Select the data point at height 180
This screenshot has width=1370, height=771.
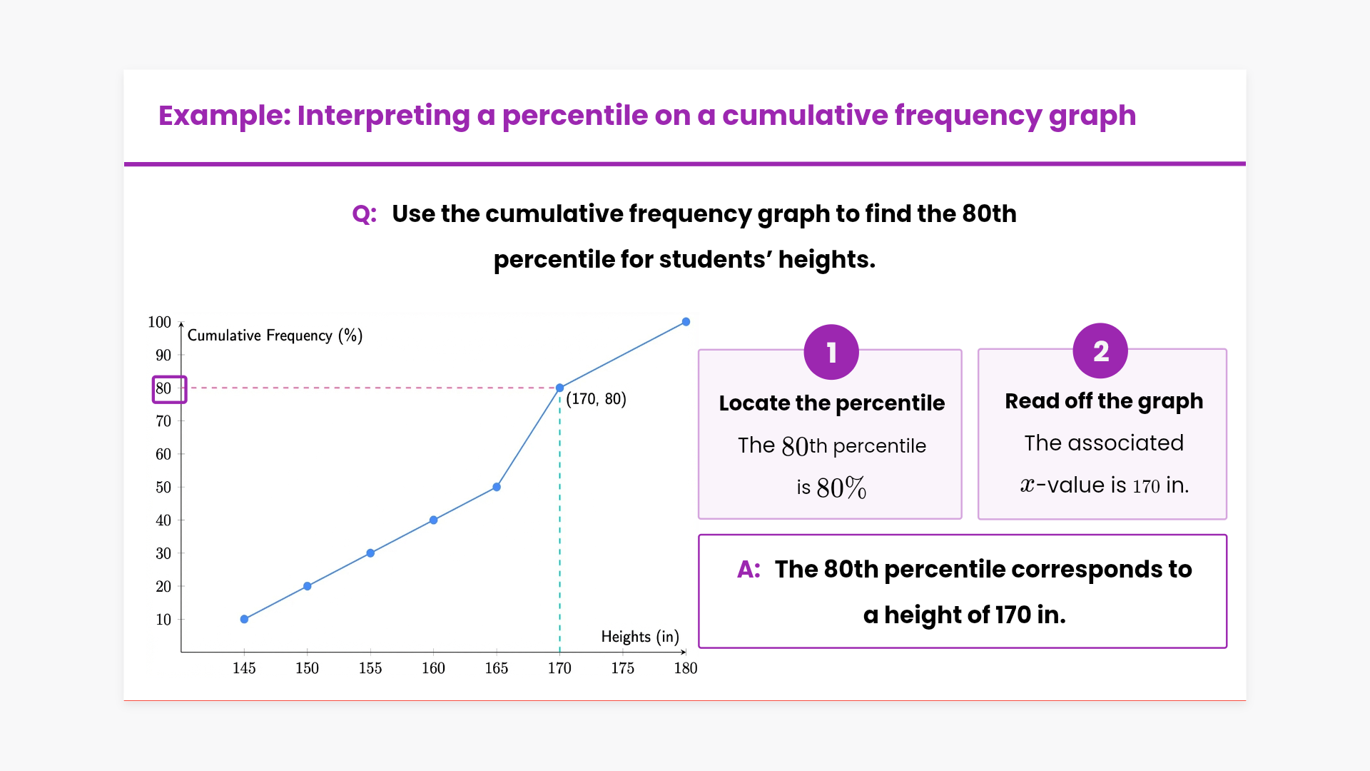click(686, 322)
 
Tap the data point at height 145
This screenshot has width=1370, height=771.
click(244, 619)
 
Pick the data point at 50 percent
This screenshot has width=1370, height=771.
click(497, 487)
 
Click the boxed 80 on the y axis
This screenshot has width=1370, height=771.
click(169, 389)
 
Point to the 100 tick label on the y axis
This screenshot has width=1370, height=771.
click(159, 322)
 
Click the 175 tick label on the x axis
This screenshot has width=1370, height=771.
click(622, 668)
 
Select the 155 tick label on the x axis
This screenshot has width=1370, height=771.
click(370, 668)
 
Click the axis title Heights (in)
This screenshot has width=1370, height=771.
click(640, 636)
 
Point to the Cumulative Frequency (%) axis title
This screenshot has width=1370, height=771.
click(275, 336)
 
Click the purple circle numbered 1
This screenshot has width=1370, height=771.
click(831, 352)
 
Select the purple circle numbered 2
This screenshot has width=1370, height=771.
click(1100, 351)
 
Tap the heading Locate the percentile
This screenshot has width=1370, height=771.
click(831, 403)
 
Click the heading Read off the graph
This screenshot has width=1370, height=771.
click(1104, 401)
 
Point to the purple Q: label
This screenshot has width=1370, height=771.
click(364, 214)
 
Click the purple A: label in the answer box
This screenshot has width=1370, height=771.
click(749, 570)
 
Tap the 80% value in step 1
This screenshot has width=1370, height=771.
click(841, 488)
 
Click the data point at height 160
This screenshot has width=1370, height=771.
click(433, 520)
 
